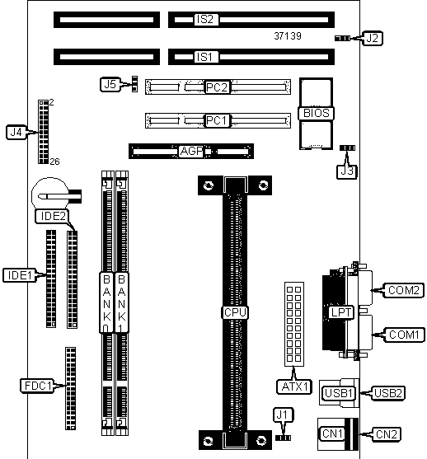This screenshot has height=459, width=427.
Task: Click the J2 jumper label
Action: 373,38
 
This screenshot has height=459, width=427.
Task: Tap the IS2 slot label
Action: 206,19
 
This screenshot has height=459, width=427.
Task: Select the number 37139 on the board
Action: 288,36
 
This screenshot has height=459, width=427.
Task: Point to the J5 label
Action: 110,85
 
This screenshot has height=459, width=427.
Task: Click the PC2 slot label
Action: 217,87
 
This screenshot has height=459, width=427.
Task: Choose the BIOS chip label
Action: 317,113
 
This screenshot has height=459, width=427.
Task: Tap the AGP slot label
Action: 191,151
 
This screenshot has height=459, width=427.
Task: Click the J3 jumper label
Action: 347,171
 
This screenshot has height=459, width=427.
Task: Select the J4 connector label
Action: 16,133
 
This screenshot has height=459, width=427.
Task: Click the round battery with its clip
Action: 56,194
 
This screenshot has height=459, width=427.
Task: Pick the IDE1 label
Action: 20,275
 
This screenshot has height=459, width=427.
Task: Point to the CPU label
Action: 235,312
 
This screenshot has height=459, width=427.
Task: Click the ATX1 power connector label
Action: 294,386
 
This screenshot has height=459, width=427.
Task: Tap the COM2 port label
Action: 404,290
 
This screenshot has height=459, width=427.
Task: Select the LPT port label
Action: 341,312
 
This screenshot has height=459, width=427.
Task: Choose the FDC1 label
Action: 37,386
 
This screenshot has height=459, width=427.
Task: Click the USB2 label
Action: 388,393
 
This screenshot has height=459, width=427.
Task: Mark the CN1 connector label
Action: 332,433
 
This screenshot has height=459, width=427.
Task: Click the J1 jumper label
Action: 283,415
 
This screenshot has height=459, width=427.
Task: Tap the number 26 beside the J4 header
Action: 54,162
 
